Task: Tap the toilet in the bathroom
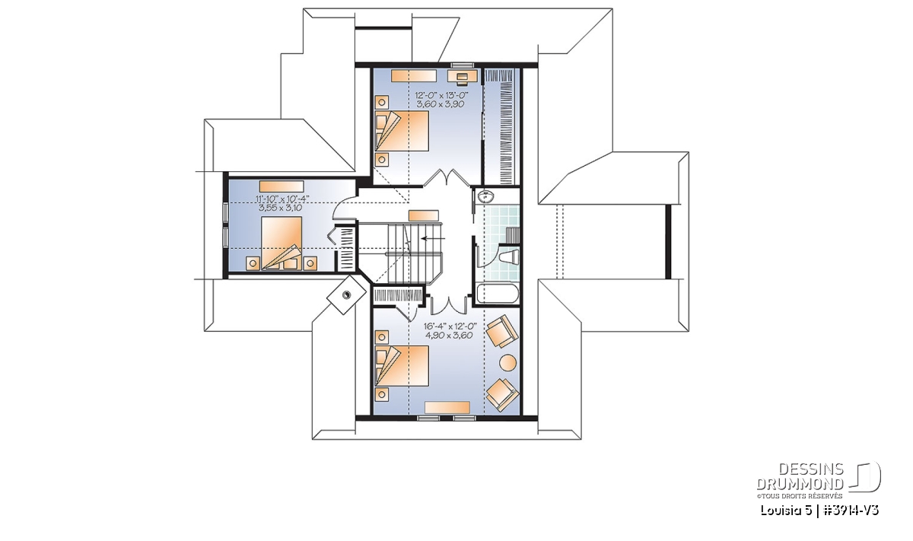pos(511,256)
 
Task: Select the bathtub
pos(498,294)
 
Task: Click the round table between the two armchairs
pos(508,362)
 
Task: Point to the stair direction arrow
pos(434,238)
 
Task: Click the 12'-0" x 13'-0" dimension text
pos(442,95)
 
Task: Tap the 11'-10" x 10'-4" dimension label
pos(282,199)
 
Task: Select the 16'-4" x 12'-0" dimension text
pos(450,326)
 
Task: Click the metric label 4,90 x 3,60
pos(449,336)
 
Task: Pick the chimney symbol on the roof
pos(346,294)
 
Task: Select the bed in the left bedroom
pos(282,243)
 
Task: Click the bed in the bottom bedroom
pos(402,366)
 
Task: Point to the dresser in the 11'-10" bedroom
pos(282,186)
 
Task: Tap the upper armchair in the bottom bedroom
pos(502,331)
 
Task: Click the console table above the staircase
pos(424,215)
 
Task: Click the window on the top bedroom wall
pos(463,65)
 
